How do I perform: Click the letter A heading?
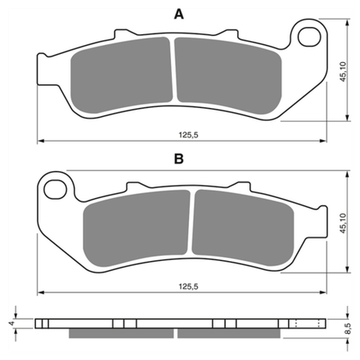click(178, 14)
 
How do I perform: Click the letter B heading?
click(178, 159)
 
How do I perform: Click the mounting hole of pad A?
click(309, 37)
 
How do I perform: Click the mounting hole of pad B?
click(56, 189)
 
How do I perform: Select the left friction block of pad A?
click(121, 74)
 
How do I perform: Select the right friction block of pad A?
click(228, 75)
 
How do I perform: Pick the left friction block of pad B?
click(137, 228)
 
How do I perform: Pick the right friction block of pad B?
click(243, 227)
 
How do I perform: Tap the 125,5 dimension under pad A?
click(188, 135)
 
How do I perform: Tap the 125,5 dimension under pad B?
click(188, 286)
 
